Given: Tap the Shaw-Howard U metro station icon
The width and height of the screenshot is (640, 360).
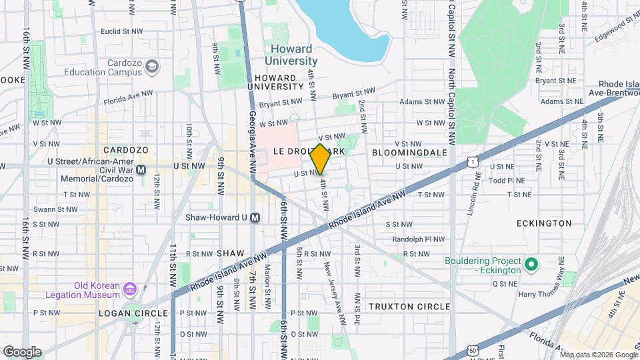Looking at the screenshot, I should pyautogui.click(x=255, y=217).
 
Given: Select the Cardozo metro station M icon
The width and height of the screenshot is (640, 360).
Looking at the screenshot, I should pyautogui.click(x=141, y=170).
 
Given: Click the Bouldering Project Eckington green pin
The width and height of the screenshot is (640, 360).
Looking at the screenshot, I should pyautogui.click(x=531, y=265).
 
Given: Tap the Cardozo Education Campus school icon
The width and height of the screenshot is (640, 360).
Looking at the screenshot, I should pyautogui.click(x=153, y=67).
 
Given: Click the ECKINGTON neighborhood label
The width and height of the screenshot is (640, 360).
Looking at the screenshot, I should pyautogui.click(x=544, y=223).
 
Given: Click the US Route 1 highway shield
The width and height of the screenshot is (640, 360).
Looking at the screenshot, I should pyautogui.click(x=473, y=161).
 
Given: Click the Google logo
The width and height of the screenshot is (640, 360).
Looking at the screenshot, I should pyautogui.click(x=22, y=351).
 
